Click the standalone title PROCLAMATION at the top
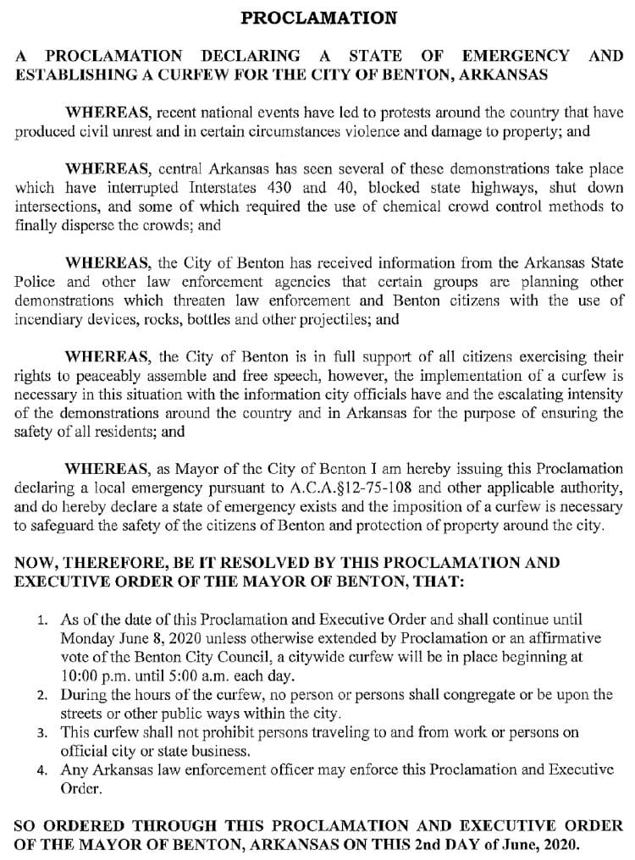318,17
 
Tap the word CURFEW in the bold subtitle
171,74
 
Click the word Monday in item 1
87,637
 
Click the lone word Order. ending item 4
80,788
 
